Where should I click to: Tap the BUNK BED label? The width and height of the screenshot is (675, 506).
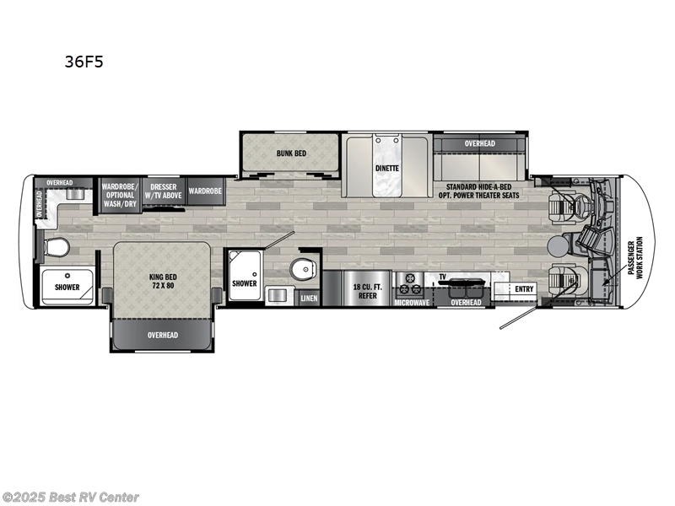[291, 154]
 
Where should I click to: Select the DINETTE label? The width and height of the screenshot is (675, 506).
[387, 168]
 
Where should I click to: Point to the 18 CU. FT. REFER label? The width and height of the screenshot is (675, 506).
[369, 288]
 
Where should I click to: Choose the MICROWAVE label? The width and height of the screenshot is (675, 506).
[413, 301]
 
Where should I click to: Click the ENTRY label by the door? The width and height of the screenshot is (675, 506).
[523, 288]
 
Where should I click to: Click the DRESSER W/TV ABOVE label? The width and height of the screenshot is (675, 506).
[164, 191]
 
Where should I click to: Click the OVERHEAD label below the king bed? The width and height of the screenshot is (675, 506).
[162, 336]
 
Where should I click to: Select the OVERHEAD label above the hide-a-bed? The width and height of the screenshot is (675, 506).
[479, 144]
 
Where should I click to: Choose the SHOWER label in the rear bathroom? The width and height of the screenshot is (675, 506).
[67, 287]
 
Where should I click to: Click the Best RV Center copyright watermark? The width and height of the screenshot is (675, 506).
[71, 498]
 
